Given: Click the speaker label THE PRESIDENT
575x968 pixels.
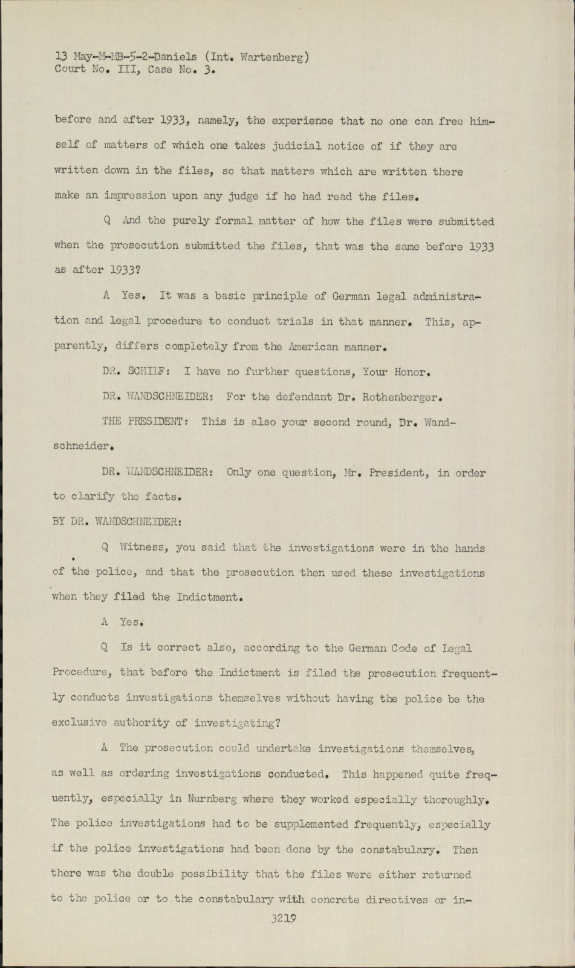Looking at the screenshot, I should coord(146,422).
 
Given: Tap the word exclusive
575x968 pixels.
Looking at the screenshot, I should coord(79,722).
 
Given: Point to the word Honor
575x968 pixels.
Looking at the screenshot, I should coord(412,372).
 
